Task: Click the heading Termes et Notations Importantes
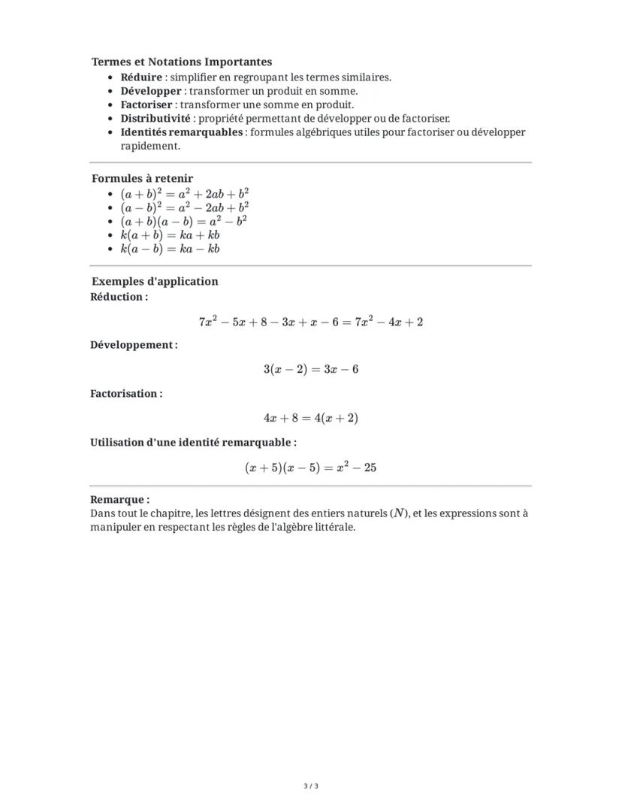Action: (x=182, y=62)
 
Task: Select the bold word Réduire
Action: (x=141, y=77)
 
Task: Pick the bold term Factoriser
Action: (x=146, y=104)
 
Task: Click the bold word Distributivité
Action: (x=156, y=118)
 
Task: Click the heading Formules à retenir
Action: (x=142, y=178)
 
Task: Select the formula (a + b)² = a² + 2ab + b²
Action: (x=185, y=193)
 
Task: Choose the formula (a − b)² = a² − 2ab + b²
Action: (x=185, y=207)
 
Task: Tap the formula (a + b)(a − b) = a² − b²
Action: (x=184, y=221)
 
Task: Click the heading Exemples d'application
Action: (x=155, y=281)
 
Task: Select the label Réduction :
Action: (x=119, y=297)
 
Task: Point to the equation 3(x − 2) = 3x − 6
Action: (x=310, y=369)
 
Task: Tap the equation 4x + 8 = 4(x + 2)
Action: (x=310, y=418)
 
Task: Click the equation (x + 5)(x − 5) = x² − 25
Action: (x=310, y=468)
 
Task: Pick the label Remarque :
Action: (x=119, y=499)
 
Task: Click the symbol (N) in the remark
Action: (x=400, y=513)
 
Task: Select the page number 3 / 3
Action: (x=311, y=786)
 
